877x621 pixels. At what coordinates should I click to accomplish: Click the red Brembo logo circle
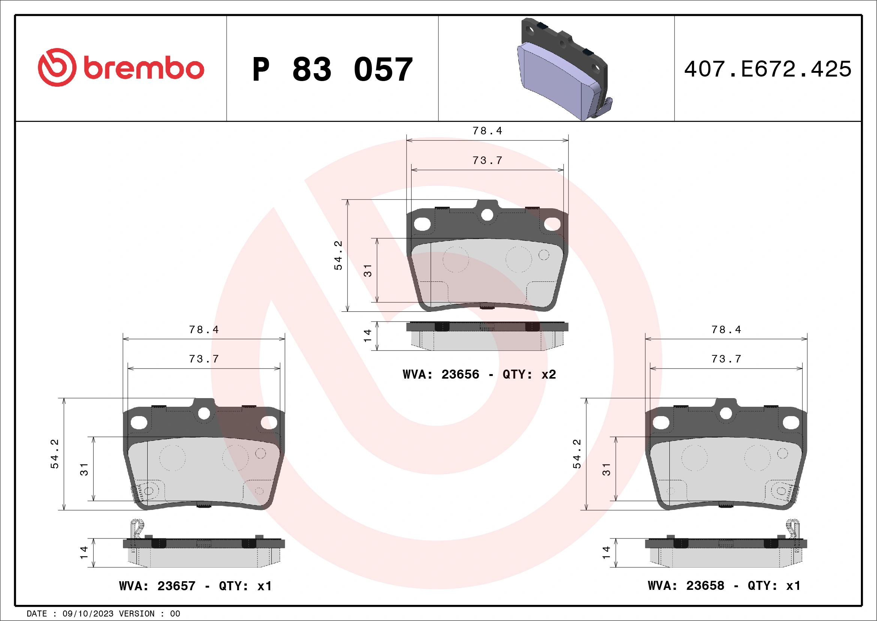57,67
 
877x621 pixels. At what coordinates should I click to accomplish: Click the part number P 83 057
332,69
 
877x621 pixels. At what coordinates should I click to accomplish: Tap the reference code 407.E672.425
768,69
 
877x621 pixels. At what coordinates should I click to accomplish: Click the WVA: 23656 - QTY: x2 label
479,374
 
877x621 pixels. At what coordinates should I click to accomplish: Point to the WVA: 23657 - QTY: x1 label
195,586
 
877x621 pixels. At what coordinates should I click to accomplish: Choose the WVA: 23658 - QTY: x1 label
724,585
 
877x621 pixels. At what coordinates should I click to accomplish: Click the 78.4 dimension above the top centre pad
487,131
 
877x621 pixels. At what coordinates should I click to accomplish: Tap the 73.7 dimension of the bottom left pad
204,359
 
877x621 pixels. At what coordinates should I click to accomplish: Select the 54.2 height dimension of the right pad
576,454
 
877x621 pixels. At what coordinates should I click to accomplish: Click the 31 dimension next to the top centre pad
367,270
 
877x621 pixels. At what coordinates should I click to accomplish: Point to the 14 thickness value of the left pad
84,553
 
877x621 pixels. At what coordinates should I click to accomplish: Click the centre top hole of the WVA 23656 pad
487,215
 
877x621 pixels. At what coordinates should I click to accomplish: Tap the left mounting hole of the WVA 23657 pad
139,423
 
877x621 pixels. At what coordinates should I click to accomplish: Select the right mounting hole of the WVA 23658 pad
791,423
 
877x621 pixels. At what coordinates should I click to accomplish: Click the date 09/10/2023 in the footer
88,614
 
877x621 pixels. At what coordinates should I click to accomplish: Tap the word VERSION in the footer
136,614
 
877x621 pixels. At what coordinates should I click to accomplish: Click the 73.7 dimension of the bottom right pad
726,359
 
